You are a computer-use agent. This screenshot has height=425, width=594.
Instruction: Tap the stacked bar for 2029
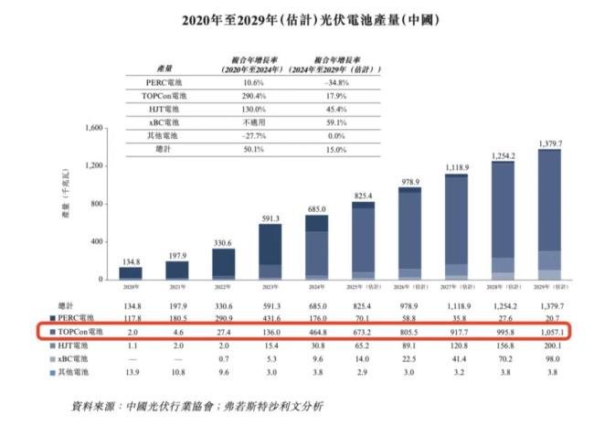click(x=549, y=215)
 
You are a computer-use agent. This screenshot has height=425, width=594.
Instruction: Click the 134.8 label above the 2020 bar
click(x=131, y=260)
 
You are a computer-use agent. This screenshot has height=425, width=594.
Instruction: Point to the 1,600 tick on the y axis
click(x=94, y=128)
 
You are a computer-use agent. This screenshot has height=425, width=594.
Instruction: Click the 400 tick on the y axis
click(x=98, y=241)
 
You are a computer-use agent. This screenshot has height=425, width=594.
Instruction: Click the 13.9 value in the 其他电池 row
click(x=131, y=373)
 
